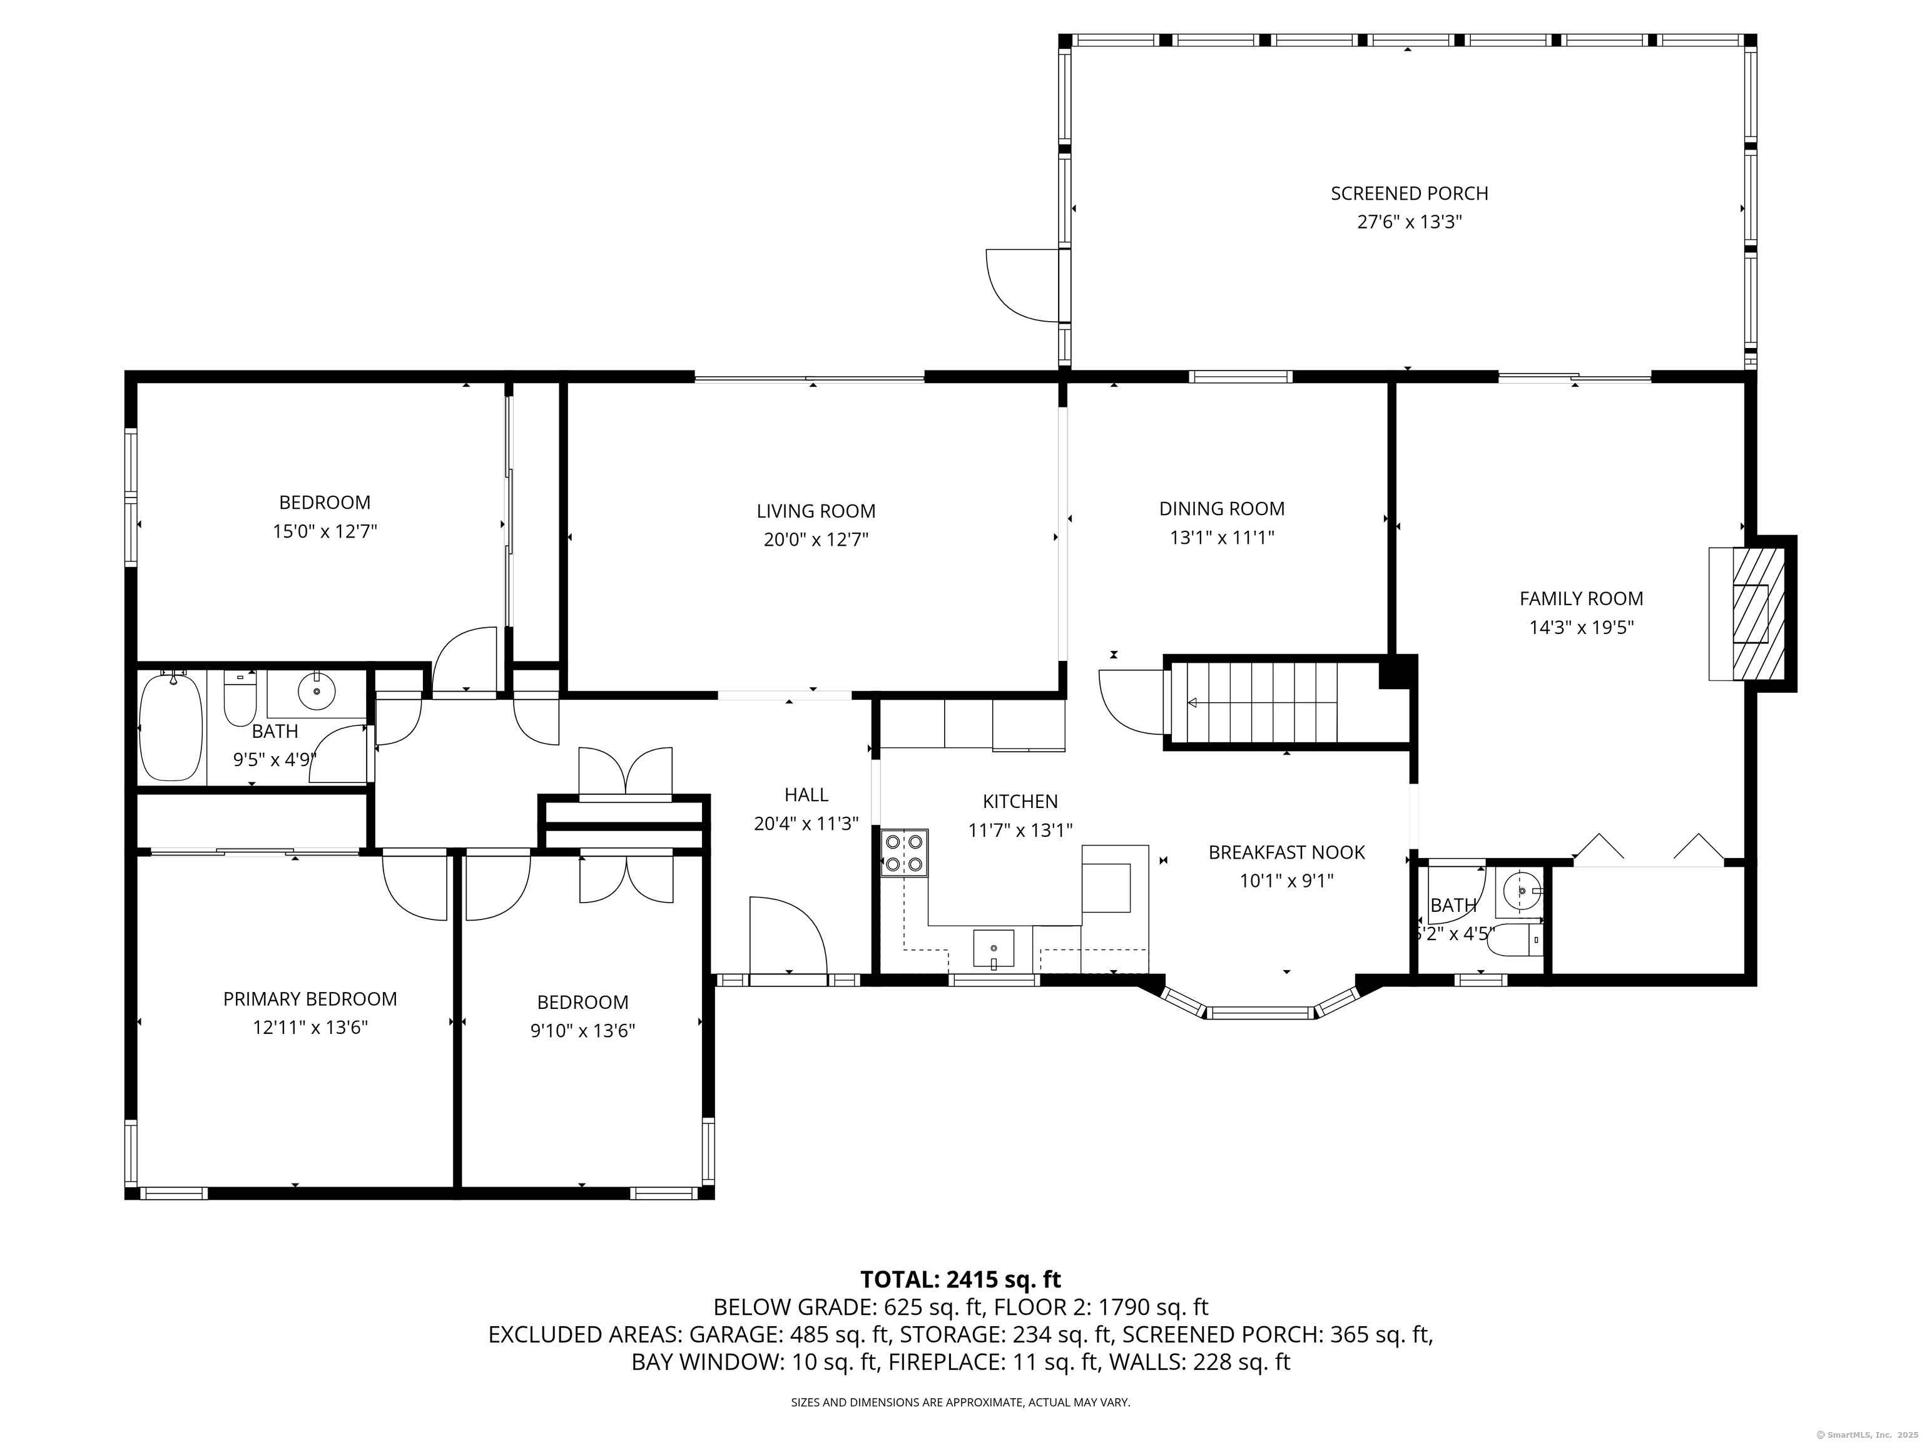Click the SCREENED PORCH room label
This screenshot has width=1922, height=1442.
click(1410, 193)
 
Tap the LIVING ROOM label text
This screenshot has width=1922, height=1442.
click(816, 511)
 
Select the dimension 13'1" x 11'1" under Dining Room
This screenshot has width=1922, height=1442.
click(1222, 537)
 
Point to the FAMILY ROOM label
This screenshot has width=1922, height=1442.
click(1582, 598)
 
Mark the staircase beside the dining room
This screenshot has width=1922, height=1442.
click(1274, 702)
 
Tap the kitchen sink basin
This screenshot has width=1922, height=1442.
click(993, 948)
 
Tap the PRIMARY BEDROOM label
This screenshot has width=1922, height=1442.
click(310, 999)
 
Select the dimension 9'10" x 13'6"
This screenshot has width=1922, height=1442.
click(583, 1031)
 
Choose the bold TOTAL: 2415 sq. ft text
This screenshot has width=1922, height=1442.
click(960, 1279)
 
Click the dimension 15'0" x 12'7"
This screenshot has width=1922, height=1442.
click(325, 531)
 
